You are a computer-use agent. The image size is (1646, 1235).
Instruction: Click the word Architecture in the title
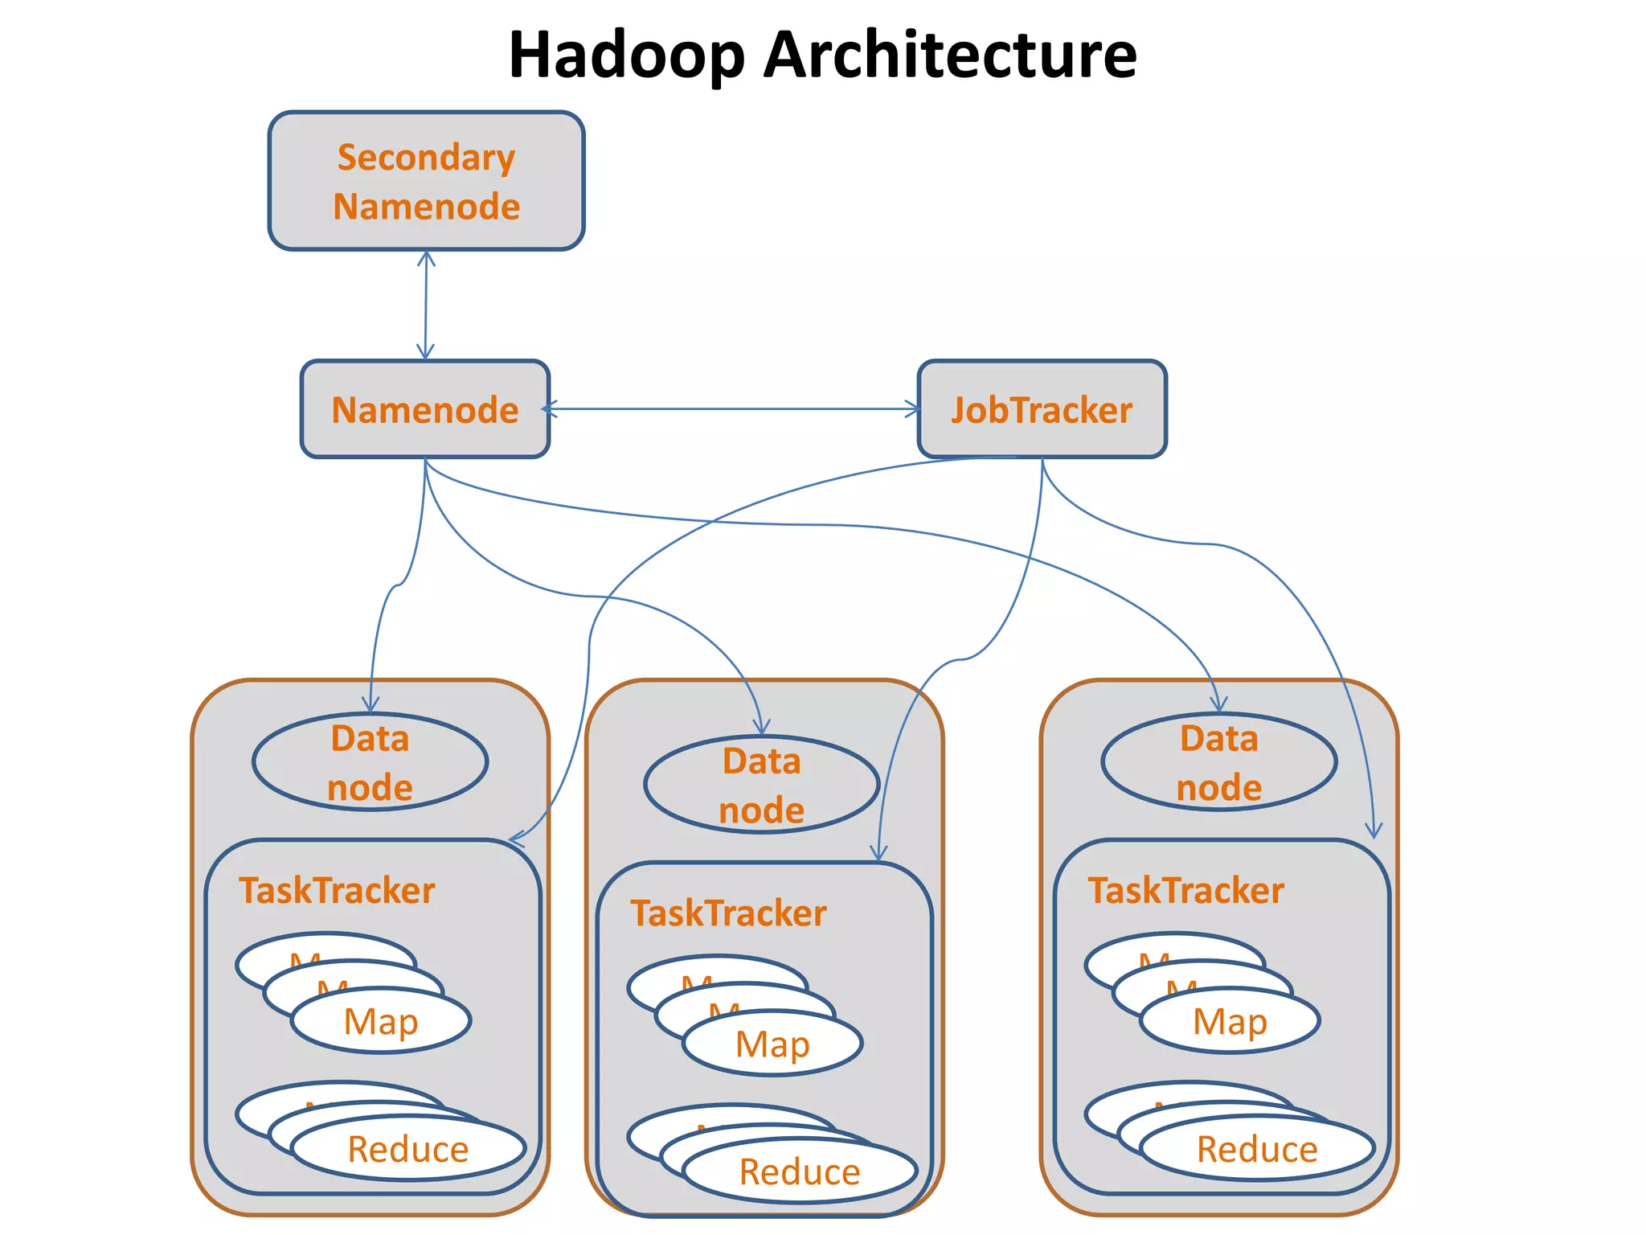pyautogui.click(x=950, y=55)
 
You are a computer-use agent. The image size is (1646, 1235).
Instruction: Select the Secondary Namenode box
pyautogui.click(x=426, y=181)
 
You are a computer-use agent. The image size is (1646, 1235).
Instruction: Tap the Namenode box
pyautogui.click(x=425, y=409)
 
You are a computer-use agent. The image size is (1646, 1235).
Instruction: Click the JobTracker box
pyautogui.click(x=1042, y=409)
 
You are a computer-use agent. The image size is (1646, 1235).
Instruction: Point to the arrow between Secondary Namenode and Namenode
pyautogui.click(x=426, y=306)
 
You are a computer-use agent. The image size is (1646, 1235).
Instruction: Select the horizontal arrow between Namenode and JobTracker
pyautogui.click(x=731, y=409)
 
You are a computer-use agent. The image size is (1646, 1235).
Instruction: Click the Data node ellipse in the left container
pyautogui.click(x=370, y=761)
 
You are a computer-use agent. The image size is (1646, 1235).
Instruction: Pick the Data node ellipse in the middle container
pyautogui.click(x=761, y=784)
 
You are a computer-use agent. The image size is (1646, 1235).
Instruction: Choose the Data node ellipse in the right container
pyautogui.click(x=1218, y=761)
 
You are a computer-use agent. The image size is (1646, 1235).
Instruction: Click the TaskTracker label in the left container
pyautogui.click(x=337, y=890)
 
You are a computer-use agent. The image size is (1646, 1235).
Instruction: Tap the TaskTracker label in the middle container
pyautogui.click(x=728, y=913)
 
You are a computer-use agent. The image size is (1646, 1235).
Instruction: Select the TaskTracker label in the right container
pyautogui.click(x=1185, y=890)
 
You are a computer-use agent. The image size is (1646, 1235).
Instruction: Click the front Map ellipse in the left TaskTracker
pyautogui.click(x=381, y=1021)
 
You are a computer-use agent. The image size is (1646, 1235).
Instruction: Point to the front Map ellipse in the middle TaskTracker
pyautogui.click(x=772, y=1044)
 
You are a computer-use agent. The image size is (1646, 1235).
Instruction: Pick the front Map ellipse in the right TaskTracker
pyautogui.click(x=1230, y=1021)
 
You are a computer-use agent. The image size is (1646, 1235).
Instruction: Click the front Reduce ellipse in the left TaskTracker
pyautogui.click(x=408, y=1148)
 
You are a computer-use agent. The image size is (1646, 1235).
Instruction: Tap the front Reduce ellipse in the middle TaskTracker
pyautogui.click(x=800, y=1171)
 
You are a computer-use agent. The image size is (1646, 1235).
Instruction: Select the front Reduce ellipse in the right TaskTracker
pyautogui.click(x=1257, y=1148)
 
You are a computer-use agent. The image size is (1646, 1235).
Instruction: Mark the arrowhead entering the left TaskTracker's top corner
pyautogui.click(x=516, y=840)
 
